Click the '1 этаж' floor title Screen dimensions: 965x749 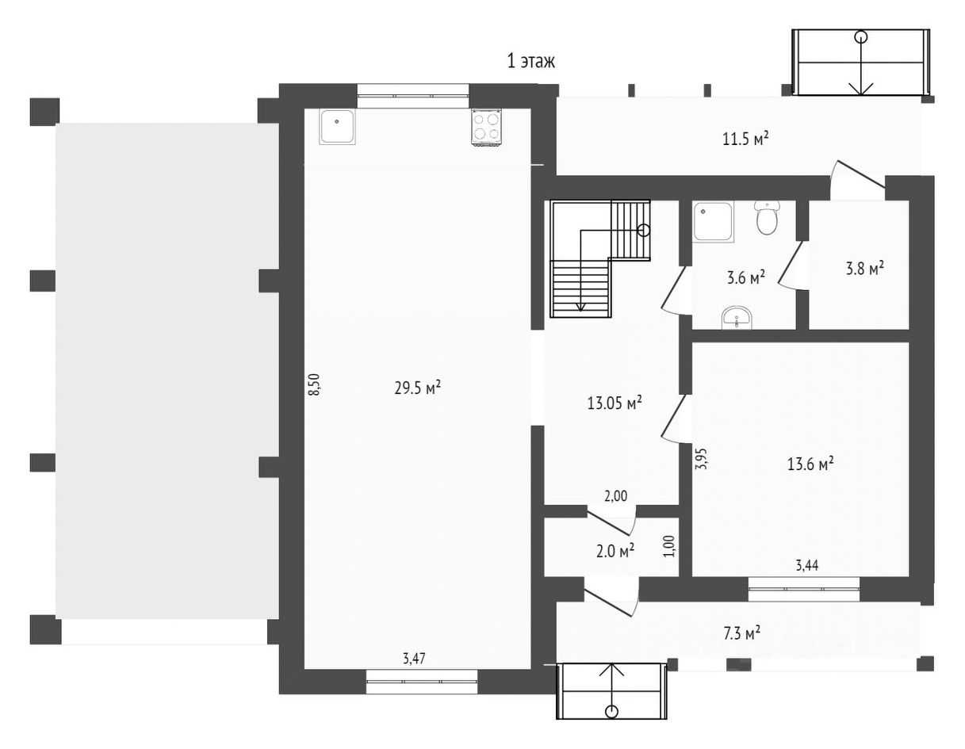pos(530,61)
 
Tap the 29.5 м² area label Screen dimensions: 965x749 pos(417,388)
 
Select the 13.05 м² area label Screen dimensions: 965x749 pos(615,403)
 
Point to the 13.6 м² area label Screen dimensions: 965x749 pos(810,464)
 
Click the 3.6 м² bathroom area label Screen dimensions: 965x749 pos(746,277)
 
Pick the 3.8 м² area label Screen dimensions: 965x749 pos(864,269)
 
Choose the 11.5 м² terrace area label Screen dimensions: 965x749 pos(745,139)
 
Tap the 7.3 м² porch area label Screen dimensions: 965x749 pos(741,633)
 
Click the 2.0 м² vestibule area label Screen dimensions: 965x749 pos(615,552)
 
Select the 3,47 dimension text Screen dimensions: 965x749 pos(414,659)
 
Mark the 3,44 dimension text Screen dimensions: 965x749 pos(807,566)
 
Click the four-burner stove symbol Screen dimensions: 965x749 pos(486,127)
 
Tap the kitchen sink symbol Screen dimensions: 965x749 pos(337,127)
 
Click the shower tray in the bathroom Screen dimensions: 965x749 pos(714,222)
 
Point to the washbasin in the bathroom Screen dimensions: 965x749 pos(737,318)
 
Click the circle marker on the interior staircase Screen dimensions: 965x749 pos(644,230)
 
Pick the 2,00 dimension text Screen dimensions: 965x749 pos(615,496)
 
